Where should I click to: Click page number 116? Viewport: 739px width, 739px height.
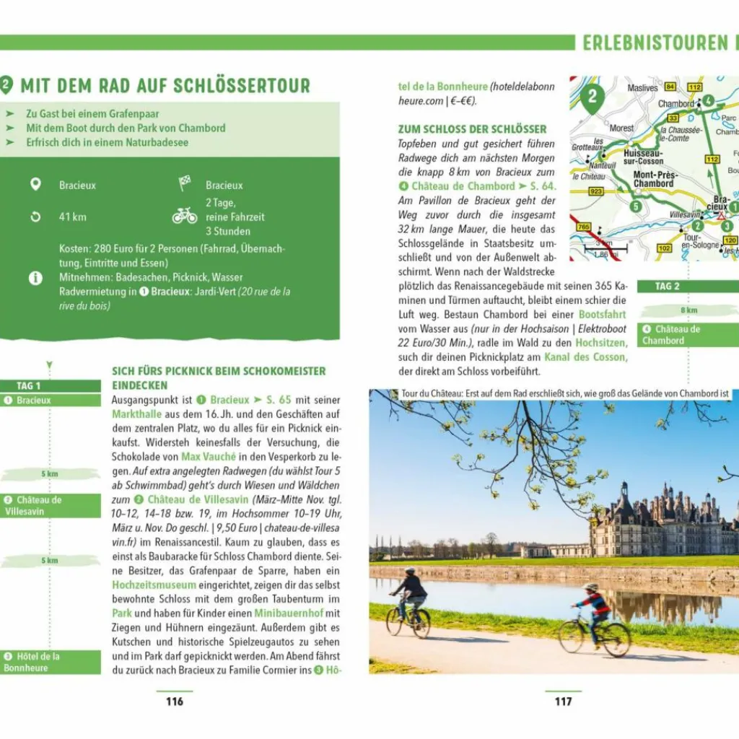[175, 701]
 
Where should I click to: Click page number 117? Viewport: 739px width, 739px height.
[563, 701]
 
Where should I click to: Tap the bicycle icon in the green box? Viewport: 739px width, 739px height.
[185, 216]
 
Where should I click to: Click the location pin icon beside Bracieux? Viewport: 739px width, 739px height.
[35, 185]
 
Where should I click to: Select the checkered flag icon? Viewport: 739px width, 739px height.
[185, 184]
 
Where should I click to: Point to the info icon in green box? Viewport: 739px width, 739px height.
[35, 278]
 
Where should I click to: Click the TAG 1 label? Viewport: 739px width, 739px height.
[29, 386]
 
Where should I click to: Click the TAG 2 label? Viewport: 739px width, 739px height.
[668, 287]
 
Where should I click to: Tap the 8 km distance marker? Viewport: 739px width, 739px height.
[689, 311]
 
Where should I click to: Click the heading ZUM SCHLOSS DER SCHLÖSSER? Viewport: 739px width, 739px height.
[462, 129]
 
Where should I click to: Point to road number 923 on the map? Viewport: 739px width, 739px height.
[596, 192]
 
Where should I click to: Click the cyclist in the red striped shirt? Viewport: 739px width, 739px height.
[595, 613]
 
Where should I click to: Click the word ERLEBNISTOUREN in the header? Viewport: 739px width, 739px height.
[655, 43]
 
